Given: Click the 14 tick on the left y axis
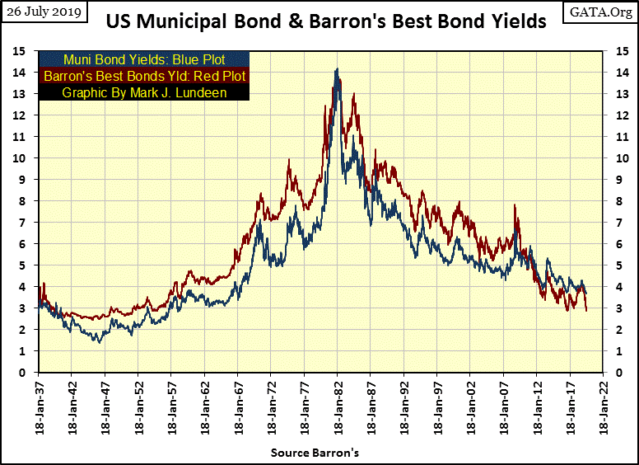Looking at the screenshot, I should click(x=29, y=73).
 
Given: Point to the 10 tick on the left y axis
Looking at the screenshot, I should click(x=29, y=158).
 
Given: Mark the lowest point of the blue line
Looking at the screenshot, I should click(x=100, y=341).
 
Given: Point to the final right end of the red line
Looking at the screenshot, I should click(x=587, y=311).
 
